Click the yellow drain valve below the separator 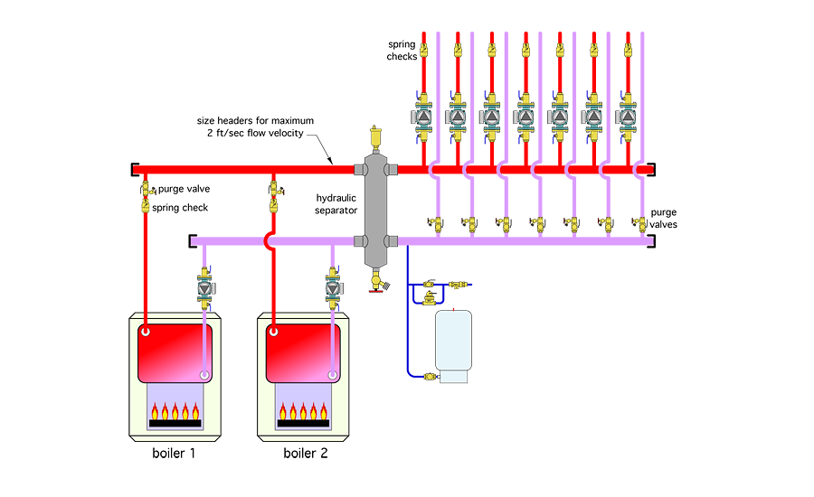[x=375, y=282]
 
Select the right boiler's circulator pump [x=333, y=288]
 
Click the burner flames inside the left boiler [x=175, y=413]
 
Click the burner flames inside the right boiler [x=303, y=413]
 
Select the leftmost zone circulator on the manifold [x=424, y=117]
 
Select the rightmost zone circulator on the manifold [x=626, y=117]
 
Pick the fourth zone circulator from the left [x=525, y=117]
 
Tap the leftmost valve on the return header [x=435, y=221]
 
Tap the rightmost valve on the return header [x=639, y=221]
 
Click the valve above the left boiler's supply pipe [x=145, y=193]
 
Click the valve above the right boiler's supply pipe [x=274, y=193]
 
